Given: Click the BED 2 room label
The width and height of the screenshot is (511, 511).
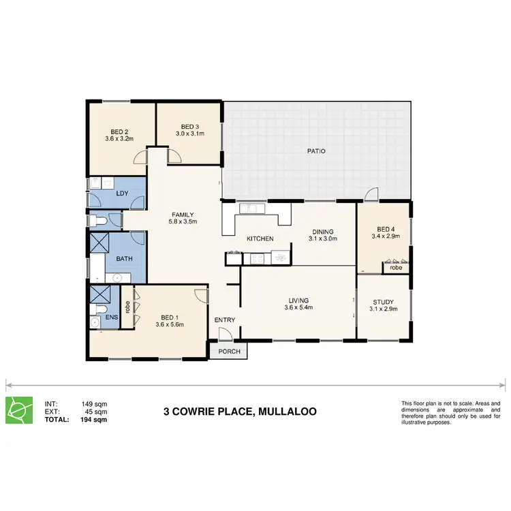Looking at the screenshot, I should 119,131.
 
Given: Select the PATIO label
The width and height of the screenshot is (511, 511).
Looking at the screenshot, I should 315,151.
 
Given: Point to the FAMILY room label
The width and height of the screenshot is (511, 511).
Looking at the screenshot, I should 183,213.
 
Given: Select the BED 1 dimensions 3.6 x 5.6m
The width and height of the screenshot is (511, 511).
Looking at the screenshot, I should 170,324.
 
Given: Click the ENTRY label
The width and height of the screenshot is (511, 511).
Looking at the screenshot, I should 225,320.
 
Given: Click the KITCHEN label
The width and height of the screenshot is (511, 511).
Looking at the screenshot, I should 260,238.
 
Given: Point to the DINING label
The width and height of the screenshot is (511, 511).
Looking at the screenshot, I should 323,232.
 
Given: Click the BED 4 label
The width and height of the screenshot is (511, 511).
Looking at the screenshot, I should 386,228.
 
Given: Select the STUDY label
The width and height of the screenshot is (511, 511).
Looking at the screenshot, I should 384,303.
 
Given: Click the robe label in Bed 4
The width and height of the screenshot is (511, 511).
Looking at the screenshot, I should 396,268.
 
